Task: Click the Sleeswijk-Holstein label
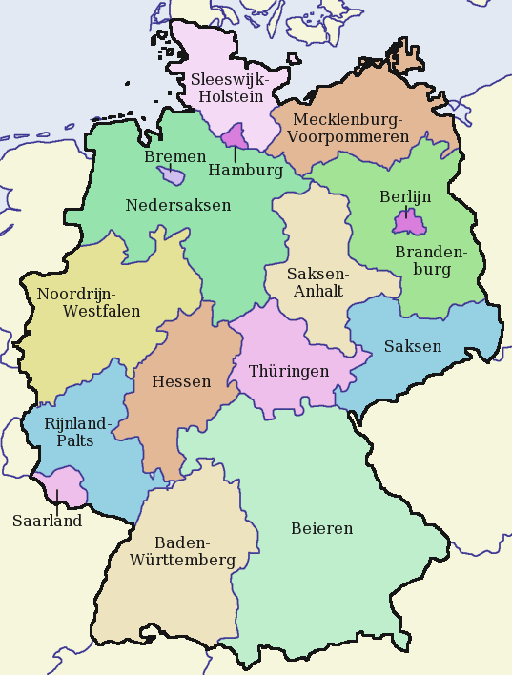point(230,87)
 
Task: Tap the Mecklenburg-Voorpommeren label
point(350,128)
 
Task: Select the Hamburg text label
point(245,172)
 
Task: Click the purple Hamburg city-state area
point(236,136)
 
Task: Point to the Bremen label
point(174,156)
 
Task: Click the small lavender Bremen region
point(173,176)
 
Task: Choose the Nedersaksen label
point(177,205)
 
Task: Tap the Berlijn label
point(405,196)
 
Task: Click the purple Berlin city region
point(408,224)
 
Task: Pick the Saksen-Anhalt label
point(318,282)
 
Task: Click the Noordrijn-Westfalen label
point(89,302)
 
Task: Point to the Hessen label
point(181,382)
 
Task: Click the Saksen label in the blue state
point(413,346)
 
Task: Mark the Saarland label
point(47,522)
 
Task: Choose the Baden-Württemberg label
point(182,552)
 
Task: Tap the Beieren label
point(321,528)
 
